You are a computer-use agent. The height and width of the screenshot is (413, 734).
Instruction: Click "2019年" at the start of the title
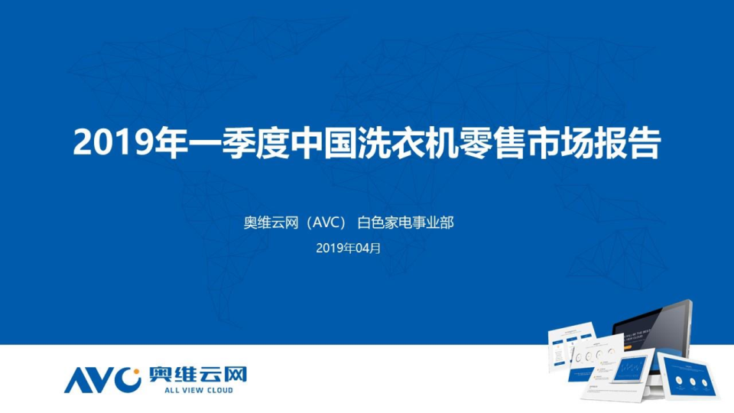click(125, 143)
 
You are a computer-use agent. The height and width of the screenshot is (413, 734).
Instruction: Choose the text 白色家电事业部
click(406, 223)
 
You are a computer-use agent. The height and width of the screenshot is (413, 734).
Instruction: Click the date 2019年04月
click(348, 248)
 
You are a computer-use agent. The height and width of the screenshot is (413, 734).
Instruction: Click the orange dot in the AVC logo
click(135, 375)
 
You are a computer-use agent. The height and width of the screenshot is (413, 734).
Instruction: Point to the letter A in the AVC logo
click(77, 380)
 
